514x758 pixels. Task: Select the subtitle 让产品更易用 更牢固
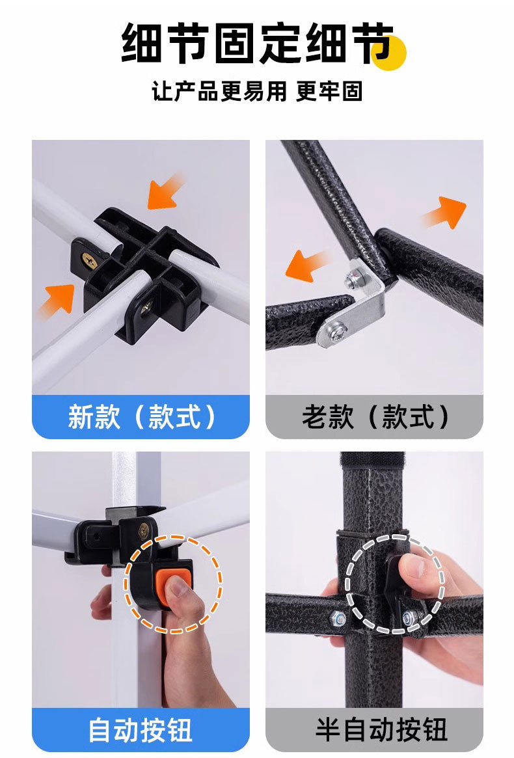pyautogui.click(x=257, y=91)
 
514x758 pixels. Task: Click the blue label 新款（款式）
pyautogui.click(x=141, y=416)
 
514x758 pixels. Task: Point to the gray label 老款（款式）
pyautogui.click(x=374, y=416)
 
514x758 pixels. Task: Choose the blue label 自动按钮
pyautogui.click(x=141, y=729)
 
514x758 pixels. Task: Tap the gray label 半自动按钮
pyautogui.click(x=374, y=729)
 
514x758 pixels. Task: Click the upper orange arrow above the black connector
pyautogui.click(x=165, y=192)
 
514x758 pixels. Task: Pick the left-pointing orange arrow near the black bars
pyautogui.click(x=306, y=266)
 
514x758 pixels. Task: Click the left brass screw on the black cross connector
pyautogui.click(x=90, y=260)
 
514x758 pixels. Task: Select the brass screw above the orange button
pyautogui.click(x=144, y=530)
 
